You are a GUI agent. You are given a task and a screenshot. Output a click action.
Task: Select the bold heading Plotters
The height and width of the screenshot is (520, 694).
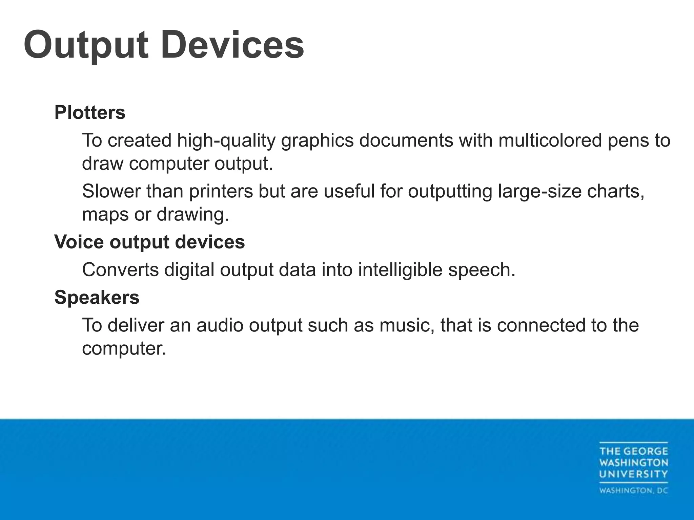click(x=90, y=112)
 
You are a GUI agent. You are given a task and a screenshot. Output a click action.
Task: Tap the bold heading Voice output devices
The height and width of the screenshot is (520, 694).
click(x=149, y=242)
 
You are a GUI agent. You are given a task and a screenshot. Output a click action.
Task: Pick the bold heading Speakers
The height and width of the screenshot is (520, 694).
click(x=97, y=297)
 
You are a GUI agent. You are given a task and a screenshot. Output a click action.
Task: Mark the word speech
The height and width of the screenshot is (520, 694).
click(x=481, y=270)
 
